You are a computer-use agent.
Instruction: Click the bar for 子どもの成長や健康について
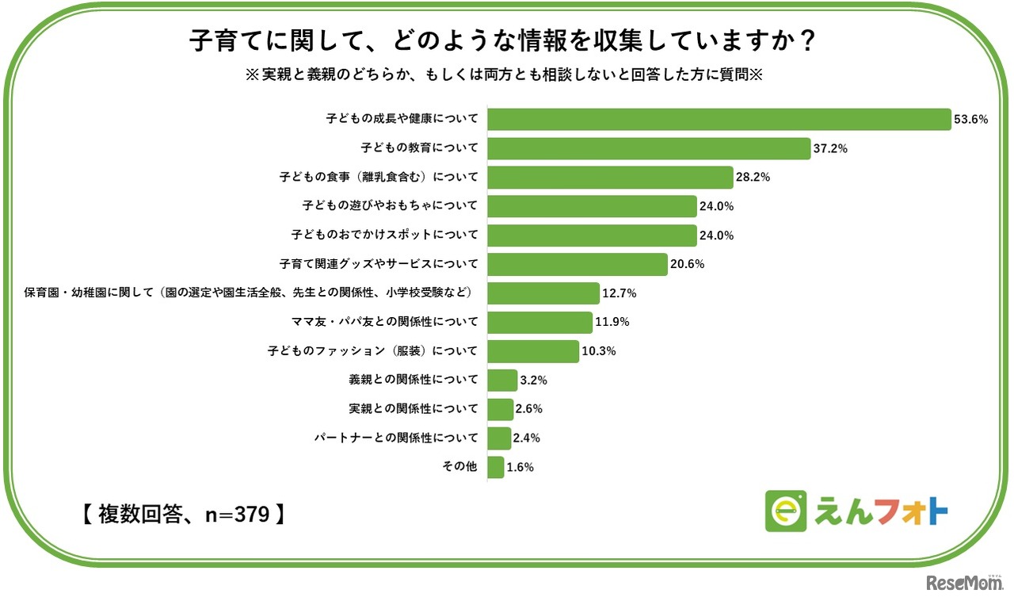pyautogui.click(x=719, y=119)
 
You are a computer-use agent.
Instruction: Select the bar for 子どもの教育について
pyautogui.click(x=649, y=148)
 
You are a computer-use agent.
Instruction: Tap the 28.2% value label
pyautogui.click(x=753, y=178)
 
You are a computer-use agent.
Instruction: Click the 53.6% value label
pyautogui.click(x=971, y=120)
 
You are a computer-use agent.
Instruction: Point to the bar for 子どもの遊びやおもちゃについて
pyautogui.click(x=592, y=206)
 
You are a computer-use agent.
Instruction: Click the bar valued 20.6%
pyautogui.click(x=577, y=264)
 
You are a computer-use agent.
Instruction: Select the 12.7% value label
pyautogui.click(x=619, y=293)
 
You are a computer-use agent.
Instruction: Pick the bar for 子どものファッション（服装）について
pyautogui.click(x=533, y=350)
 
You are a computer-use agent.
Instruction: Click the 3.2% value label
pyautogui.click(x=534, y=380)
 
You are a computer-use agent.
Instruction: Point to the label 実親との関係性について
pyautogui.click(x=413, y=408)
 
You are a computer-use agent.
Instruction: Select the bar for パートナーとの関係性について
pyautogui.click(x=499, y=438)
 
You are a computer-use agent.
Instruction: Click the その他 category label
pyautogui.click(x=459, y=466)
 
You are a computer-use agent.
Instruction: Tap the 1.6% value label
pyautogui.click(x=520, y=467)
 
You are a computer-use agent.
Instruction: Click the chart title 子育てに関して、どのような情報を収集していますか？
pyautogui.click(x=502, y=40)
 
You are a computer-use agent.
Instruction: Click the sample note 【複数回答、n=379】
pyautogui.click(x=183, y=514)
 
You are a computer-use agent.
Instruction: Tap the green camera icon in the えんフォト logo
pyautogui.click(x=785, y=511)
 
